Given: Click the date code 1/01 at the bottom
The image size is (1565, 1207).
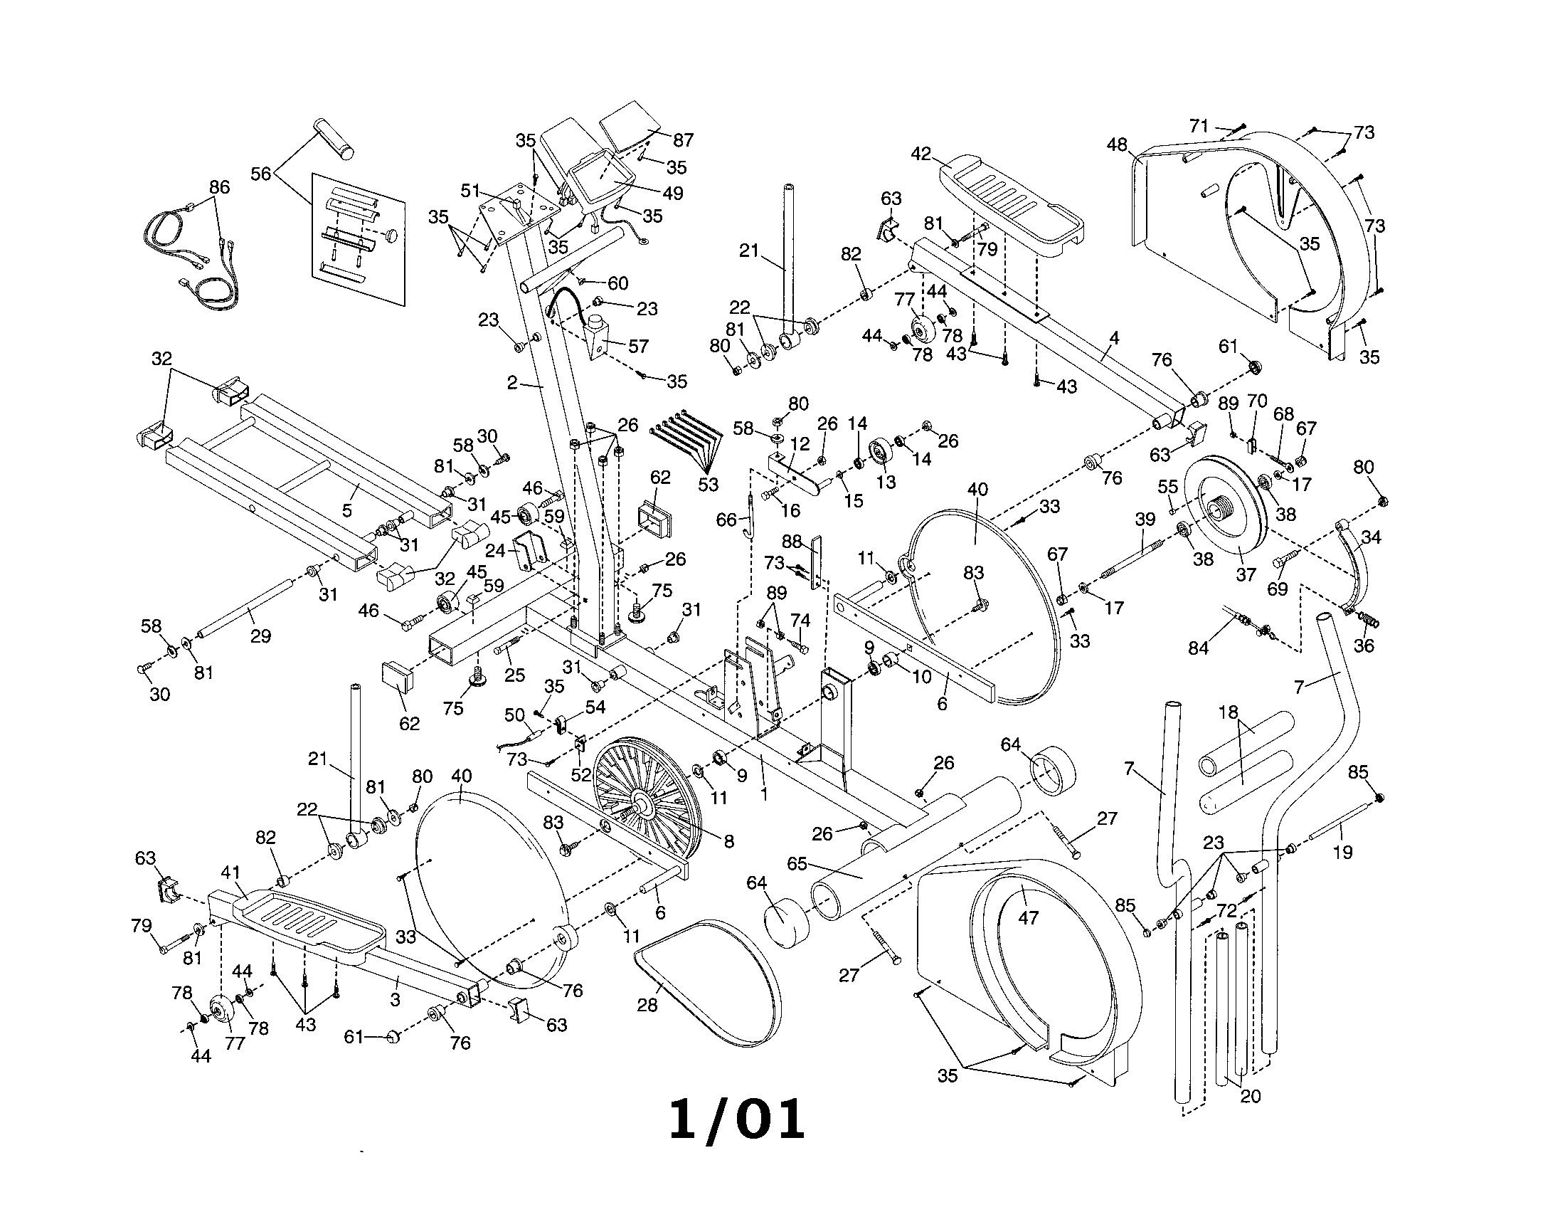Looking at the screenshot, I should tap(737, 1121).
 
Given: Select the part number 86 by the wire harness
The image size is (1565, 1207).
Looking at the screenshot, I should tap(219, 187).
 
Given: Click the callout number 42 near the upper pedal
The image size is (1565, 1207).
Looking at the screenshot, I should tap(921, 154).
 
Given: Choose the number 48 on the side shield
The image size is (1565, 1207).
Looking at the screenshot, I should tap(1117, 145).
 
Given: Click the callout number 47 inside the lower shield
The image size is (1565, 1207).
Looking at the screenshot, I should tap(1028, 917).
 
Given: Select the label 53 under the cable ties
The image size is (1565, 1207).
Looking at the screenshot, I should tap(707, 485).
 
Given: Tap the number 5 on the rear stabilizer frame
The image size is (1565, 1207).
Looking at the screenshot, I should tap(348, 510).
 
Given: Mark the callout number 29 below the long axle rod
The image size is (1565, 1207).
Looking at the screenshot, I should tap(260, 636).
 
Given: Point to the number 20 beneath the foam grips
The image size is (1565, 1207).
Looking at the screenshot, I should tap(1250, 1096).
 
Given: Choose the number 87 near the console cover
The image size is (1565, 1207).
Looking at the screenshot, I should tap(683, 139).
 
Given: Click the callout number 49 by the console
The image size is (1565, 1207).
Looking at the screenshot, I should tap(672, 193).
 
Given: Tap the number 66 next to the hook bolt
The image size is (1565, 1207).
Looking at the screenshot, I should tap(726, 520).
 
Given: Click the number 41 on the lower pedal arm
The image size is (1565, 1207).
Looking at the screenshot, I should tap(230, 873).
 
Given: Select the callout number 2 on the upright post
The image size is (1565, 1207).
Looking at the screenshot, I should tap(511, 383).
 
